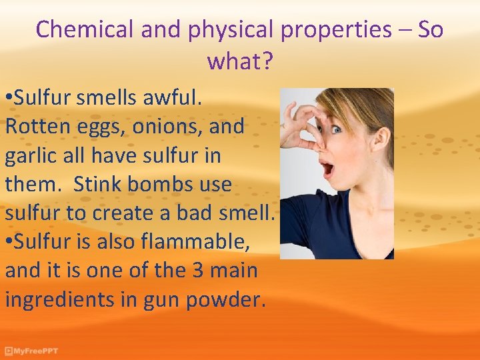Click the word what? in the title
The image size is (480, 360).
239,61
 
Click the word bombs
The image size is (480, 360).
164,184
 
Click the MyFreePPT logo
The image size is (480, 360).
32,351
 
